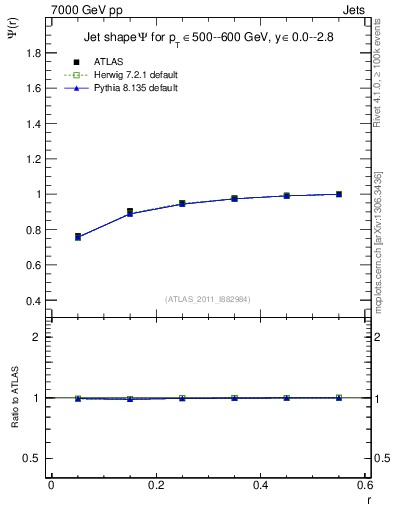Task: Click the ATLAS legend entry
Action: click(107, 61)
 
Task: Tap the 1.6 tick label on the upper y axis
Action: click(33, 88)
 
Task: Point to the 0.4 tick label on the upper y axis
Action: click(33, 301)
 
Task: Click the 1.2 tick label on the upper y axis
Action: click(33, 141)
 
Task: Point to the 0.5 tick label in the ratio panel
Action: click(32, 458)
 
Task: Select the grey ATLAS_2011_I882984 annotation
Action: click(207, 298)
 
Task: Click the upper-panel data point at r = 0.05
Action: click(78, 237)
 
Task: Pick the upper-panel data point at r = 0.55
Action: click(339, 194)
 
